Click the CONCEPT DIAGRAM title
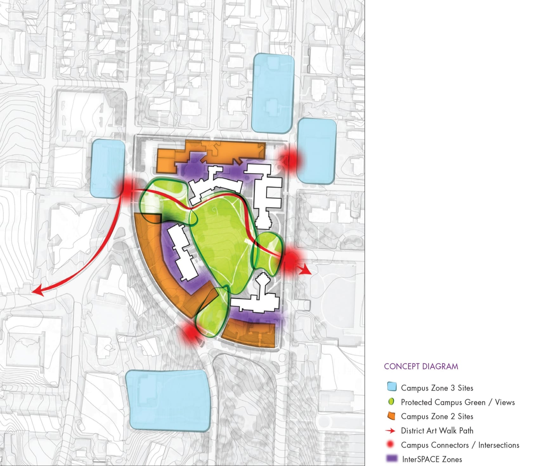tap(421, 366)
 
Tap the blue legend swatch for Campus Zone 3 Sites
tap(392, 387)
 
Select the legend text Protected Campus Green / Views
tap(458, 402)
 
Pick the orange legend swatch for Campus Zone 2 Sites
tap(392, 416)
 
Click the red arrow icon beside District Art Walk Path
tap(390, 430)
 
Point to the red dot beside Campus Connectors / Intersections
tap(391, 444)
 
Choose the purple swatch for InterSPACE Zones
tap(392, 458)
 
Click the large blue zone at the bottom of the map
tap(168, 400)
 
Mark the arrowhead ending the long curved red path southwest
tap(37, 291)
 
